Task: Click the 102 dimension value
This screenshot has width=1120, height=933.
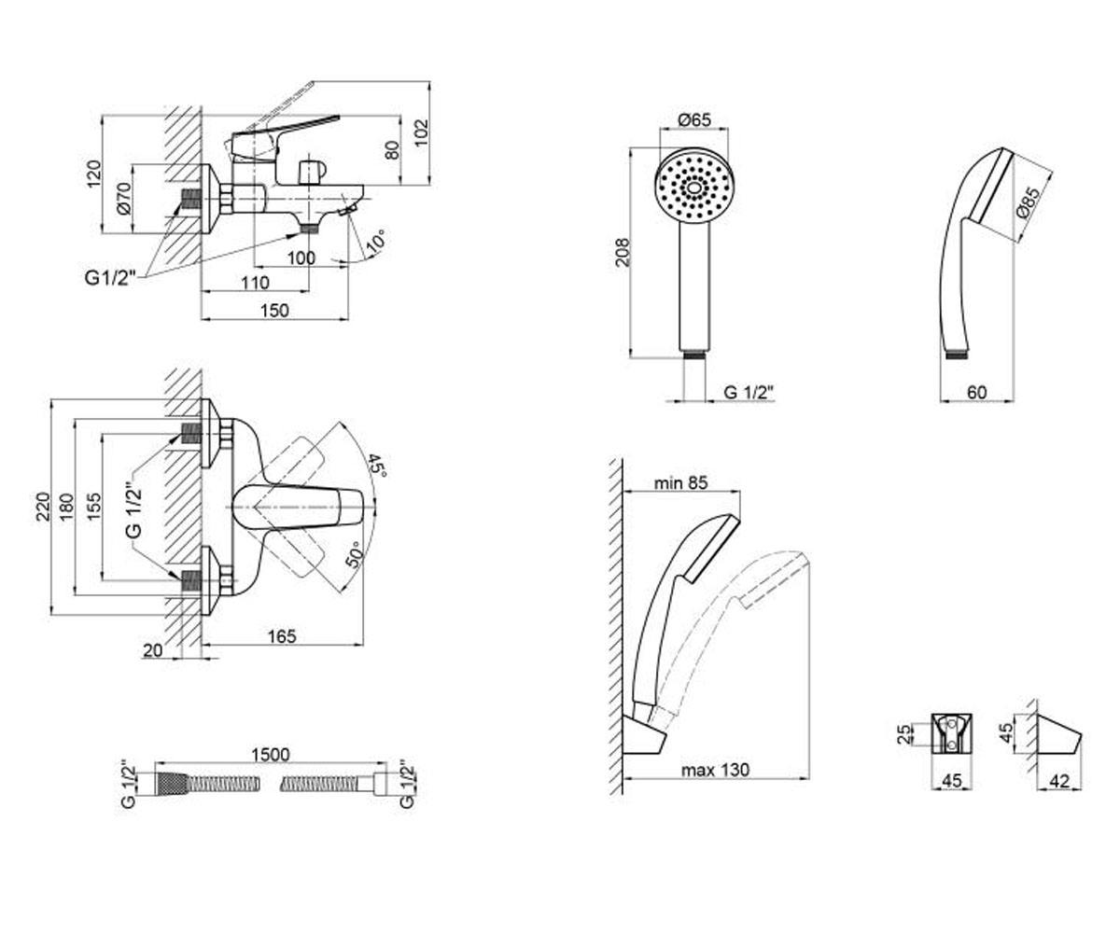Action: tap(422, 133)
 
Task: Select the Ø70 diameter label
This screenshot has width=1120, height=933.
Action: tap(124, 199)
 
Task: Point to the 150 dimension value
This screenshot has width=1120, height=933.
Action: tap(274, 311)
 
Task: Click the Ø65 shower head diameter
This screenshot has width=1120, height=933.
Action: tap(694, 119)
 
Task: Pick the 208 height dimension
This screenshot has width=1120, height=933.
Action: tap(623, 252)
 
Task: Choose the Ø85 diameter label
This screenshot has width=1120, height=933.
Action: tap(1028, 202)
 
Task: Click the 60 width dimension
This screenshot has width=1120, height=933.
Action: tap(977, 393)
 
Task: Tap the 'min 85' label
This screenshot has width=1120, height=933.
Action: tap(680, 482)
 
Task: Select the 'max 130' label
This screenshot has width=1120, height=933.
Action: tap(715, 770)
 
